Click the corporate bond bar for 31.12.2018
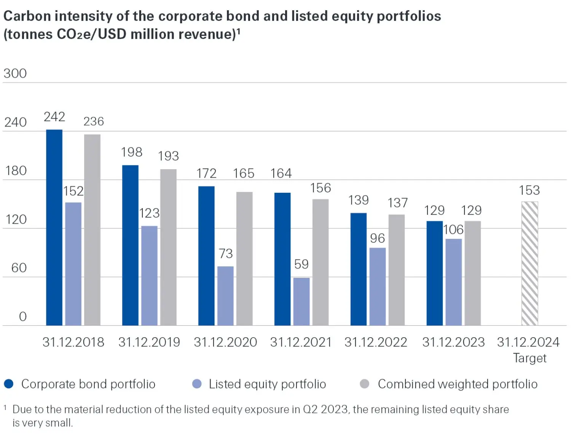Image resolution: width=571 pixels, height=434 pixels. coord(54,227)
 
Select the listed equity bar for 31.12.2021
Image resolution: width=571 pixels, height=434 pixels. coord(301,301)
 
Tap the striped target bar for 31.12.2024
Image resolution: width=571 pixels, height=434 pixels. coord(530,263)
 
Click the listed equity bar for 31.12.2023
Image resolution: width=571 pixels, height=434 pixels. coord(453,282)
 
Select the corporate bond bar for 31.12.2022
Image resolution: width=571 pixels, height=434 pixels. coord(358,269)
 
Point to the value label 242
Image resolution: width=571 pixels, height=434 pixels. coord(54,117)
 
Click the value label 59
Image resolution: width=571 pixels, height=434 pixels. coord(301,264)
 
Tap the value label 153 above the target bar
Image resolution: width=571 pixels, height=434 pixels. coord(529,190)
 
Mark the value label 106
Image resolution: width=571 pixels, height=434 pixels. coord(453,229)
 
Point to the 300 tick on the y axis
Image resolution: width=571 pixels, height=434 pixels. coord(15,73)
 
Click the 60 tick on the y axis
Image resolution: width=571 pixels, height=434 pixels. coord(19,268)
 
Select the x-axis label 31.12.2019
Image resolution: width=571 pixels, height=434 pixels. coord(149,342)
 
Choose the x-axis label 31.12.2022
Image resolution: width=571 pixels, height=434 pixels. coord(376,342)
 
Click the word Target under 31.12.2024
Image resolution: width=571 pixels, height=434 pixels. coord(530,358)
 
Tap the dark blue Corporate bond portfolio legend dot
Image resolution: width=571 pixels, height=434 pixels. coord(9,384)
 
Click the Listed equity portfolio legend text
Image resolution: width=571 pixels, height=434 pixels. coord(267,384)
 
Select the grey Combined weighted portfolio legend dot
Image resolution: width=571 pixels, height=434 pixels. coord(364,384)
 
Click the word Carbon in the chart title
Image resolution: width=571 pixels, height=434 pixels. coord(27,16)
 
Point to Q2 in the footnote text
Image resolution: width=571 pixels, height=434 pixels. coord(310,409)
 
